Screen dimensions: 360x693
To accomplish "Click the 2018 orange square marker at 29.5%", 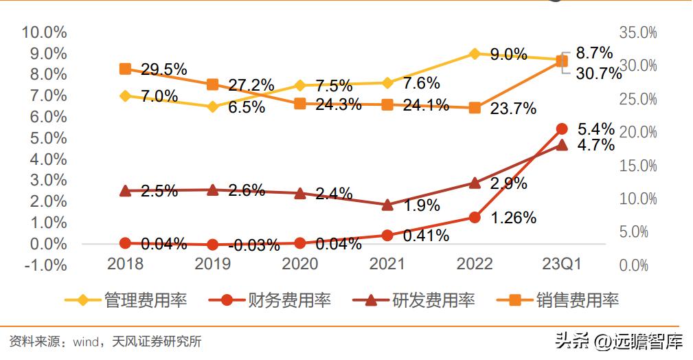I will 125,69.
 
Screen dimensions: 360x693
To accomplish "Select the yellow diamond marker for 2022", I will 475,54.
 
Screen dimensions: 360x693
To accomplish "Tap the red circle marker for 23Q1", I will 562,128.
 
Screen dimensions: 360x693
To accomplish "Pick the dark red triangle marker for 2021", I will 387,205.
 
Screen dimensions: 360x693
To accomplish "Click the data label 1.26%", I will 513,218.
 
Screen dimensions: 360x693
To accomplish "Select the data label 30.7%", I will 599,74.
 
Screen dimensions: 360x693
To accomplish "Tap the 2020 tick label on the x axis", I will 300,265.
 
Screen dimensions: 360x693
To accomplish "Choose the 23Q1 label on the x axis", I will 562,265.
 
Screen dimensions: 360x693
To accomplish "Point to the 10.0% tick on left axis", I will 45,32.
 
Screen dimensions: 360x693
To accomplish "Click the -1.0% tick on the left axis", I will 45,265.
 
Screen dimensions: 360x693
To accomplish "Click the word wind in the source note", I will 83,341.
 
